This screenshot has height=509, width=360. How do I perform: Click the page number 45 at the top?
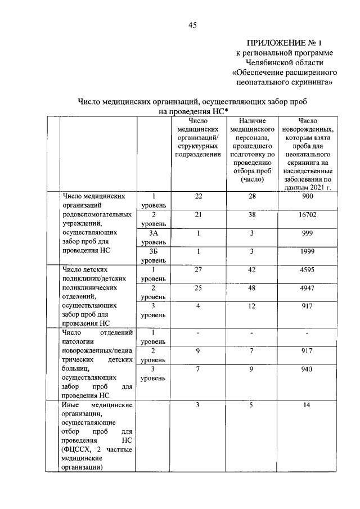coord(192,25)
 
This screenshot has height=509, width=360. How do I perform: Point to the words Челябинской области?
coord(284,62)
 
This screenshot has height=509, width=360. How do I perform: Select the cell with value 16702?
coord(308,215)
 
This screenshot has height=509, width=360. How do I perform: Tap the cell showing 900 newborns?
coord(308,196)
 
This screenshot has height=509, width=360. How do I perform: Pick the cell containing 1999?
coord(308,251)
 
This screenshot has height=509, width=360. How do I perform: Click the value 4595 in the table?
coord(308,269)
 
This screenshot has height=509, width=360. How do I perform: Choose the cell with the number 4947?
coord(308,288)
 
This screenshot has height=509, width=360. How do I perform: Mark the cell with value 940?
coord(308,370)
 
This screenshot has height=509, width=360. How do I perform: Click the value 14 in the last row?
coord(308,406)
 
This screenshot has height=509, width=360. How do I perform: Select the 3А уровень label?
coord(153,237)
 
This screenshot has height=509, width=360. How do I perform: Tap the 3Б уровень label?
coord(153,256)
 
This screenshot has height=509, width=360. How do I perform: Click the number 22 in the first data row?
coord(198,196)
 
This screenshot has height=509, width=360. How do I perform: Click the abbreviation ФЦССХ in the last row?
coord(78,450)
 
